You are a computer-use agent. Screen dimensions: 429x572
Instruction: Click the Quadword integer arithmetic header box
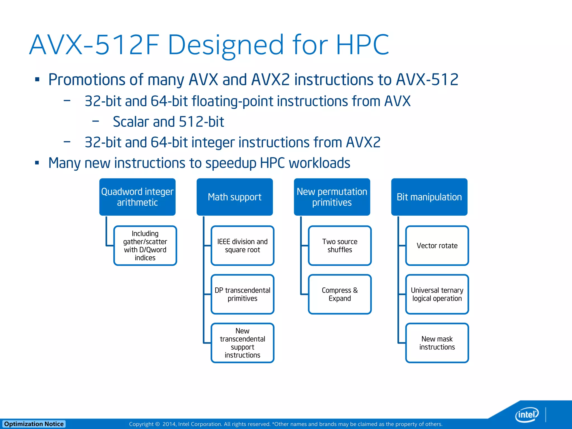tap(137, 197)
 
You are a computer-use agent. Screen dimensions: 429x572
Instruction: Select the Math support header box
tap(235, 197)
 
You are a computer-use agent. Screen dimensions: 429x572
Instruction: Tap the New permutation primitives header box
tap(332, 197)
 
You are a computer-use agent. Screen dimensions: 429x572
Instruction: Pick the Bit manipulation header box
tap(429, 197)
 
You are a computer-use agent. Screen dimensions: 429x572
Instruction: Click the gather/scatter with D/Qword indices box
tap(145, 246)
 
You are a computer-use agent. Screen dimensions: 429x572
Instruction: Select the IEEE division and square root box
tap(242, 246)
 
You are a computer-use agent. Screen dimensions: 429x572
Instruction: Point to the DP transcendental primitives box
tap(242, 294)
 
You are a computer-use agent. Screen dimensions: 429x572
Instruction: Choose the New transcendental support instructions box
tap(242, 343)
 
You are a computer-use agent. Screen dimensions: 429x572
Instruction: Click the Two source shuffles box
tap(340, 246)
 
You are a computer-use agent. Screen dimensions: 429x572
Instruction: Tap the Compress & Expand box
tap(340, 294)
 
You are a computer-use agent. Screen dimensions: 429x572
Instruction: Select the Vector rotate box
tap(437, 246)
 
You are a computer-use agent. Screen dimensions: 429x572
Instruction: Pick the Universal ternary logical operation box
tap(437, 294)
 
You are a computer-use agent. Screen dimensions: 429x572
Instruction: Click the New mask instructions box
tap(437, 343)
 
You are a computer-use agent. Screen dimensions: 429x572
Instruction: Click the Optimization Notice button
tap(34, 424)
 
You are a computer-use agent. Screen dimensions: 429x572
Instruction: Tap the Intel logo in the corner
tap(526, 414)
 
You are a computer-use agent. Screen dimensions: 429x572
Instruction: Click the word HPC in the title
tap(362, 45)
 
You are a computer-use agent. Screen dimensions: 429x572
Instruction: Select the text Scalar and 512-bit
tap(168, 122)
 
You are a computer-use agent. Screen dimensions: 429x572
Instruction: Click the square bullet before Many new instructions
tap(37, 163)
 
